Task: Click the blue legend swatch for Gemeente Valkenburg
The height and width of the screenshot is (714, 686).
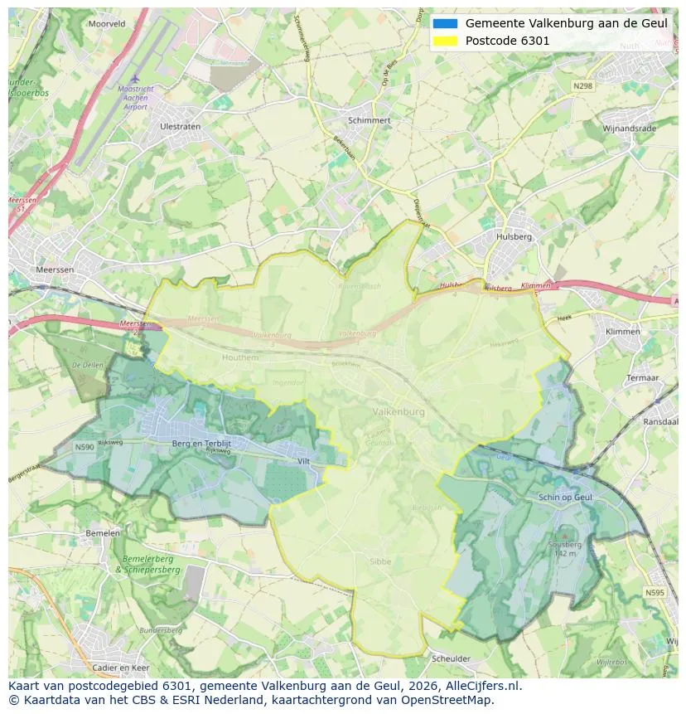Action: click(x=444, y=23)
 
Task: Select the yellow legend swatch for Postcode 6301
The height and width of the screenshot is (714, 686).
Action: click(x=444, y=41)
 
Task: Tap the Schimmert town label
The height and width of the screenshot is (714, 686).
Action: click(x=369, y=120)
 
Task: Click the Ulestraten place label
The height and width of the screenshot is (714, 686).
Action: click(x=180, y=127)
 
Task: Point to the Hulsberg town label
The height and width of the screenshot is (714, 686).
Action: click(x=514, y=236)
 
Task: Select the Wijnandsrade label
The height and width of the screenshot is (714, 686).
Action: click(x=629, y=129)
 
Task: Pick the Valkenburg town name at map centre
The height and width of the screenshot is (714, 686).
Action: click(x=399, y=412)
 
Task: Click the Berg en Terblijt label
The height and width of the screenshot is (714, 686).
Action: click(x=199, y=444)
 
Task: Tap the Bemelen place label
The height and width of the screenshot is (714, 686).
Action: click(x=103, y=533)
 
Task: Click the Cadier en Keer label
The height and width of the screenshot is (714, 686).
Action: click(x=121, y=668)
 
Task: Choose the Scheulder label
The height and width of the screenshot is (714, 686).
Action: click(x=451, y=658)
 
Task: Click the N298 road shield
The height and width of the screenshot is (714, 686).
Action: click(x=582, y=85)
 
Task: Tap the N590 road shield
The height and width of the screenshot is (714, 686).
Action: click(x=85, y=447)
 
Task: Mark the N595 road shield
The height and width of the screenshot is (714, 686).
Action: click(x=655, y=593)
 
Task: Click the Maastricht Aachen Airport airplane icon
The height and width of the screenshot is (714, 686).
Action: click(x=134, y=80)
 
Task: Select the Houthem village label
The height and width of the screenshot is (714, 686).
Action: click(x=240, y=357)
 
